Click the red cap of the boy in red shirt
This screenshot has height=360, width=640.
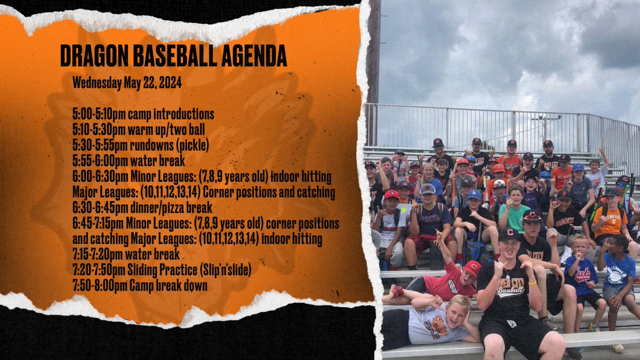(x=472, y=268)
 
